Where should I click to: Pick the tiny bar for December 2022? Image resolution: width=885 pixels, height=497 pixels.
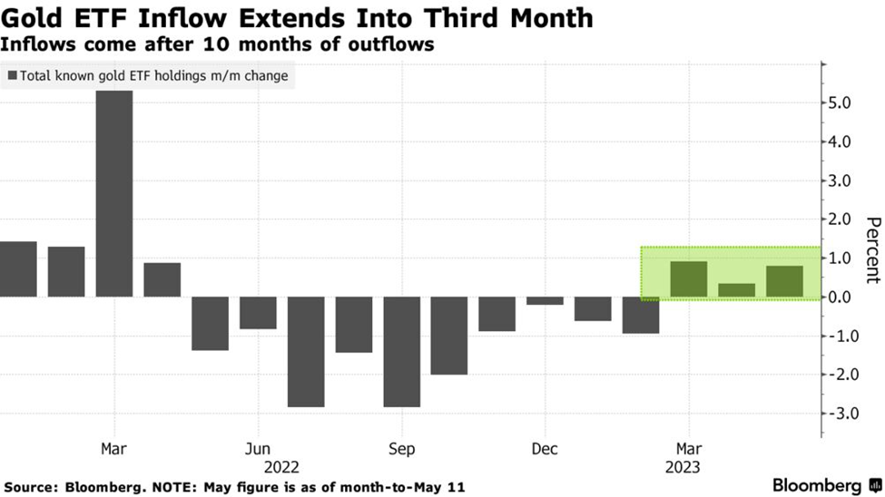tap(545, 300)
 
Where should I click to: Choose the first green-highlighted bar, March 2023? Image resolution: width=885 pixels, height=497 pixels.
tap(688, 279)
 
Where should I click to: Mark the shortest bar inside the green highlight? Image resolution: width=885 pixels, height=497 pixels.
tap(736, 290)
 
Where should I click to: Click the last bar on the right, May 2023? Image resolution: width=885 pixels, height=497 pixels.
tap(784, 281)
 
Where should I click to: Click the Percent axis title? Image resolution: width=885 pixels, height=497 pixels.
tap(873, 250)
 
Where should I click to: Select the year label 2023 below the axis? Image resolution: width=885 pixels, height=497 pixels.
tap(688, 468)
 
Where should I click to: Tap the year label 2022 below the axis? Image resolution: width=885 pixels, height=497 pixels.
tap(281, 468)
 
